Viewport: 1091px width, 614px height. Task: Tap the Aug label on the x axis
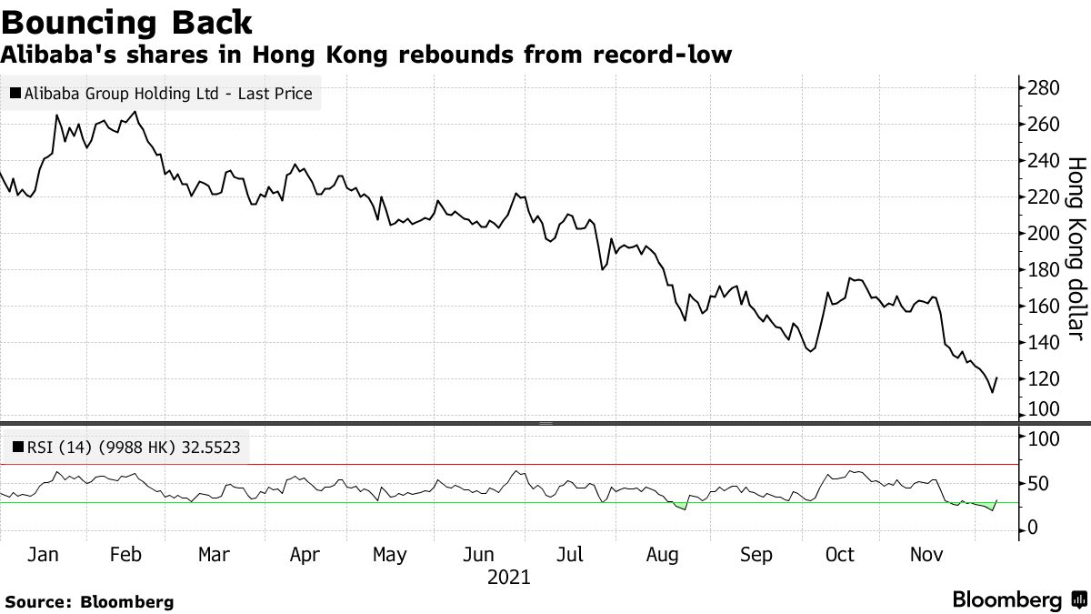pyautogui.click(x=663, y=554)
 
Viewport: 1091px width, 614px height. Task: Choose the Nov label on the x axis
pyautogui.click(x=928, y=554)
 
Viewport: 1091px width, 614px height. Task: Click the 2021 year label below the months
pyautogui.click(x=509, y=577)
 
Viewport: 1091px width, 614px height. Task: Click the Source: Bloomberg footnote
pyautogui.click(x=89, y=601)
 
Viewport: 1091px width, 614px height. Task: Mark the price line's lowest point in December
pyautogui.click(x=992, y=392)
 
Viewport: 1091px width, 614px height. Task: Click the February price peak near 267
pyautogui.click(x=135, y=112)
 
